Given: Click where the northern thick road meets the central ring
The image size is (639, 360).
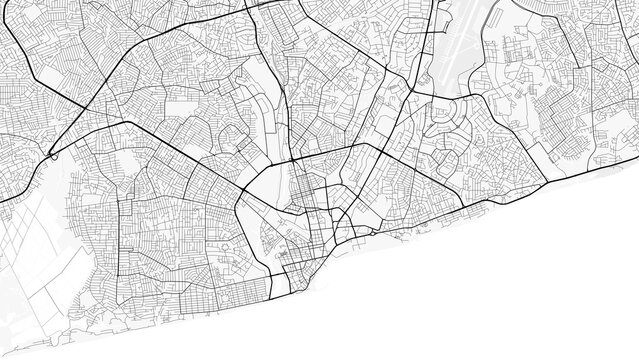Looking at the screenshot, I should (x=291, y=160).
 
